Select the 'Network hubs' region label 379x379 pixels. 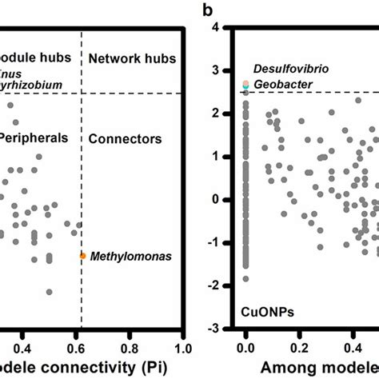click(x=126, y=58)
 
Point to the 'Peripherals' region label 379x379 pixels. click(x=34, y=138)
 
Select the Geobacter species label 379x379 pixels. click(x=280, y=84)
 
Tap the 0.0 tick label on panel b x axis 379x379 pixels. click(x=245, y=349)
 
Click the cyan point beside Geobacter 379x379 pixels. click(x=246, y=84)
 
